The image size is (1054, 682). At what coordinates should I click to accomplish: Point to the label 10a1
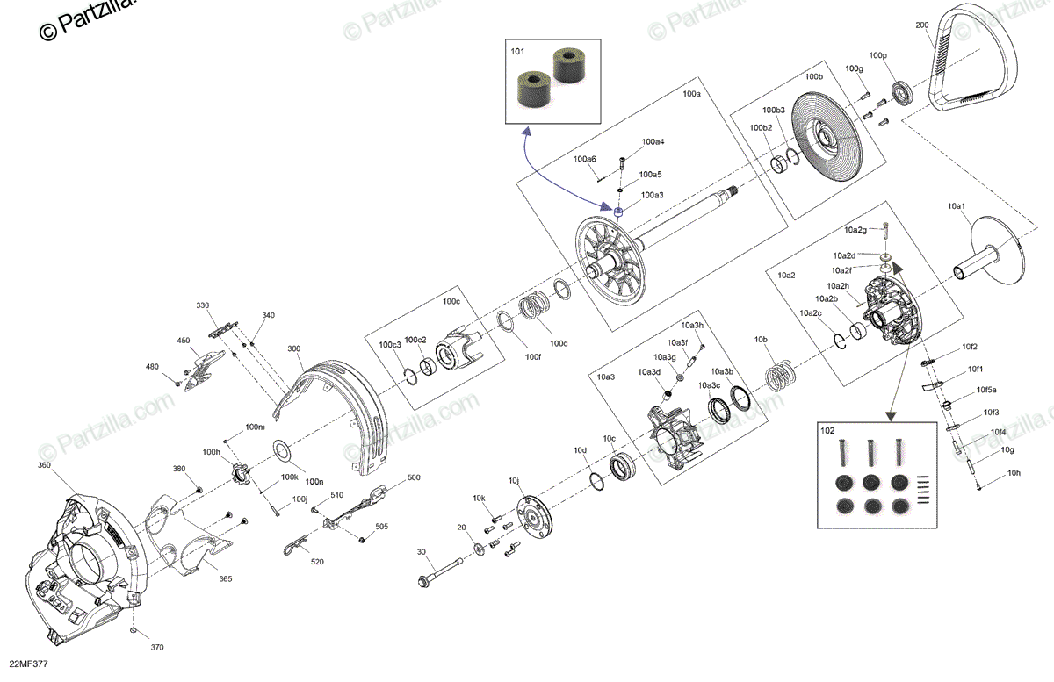click(957, 205)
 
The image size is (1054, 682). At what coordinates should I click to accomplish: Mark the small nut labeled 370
click(132, 632)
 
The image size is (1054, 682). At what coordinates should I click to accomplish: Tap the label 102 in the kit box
click(827, 431)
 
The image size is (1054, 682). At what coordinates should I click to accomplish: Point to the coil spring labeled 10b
click(778, 377)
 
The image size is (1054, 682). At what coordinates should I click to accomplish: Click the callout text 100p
click(878, 56)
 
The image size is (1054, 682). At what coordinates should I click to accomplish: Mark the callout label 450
click(184, 341)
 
